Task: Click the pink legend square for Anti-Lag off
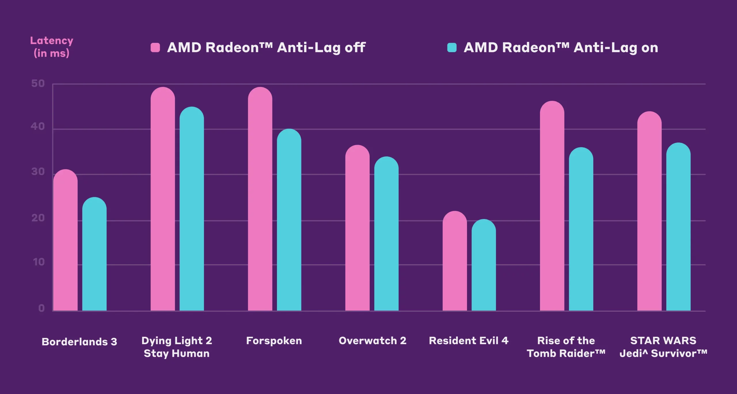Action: pos(155,47)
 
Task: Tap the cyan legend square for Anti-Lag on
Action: pos(452,47)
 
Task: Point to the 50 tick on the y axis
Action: pos(38,84)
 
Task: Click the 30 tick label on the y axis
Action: pos(38,172)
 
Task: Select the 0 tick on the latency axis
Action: pos(41,308)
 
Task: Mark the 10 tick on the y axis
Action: pos(39,262)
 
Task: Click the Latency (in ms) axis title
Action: pos(52,47)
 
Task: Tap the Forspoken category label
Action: pos(274,341)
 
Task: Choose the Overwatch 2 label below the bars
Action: pos(373,341)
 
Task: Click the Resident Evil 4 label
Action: pos(469,341)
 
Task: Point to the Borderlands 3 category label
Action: pos(79,342)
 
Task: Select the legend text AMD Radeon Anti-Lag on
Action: pos(561,47)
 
